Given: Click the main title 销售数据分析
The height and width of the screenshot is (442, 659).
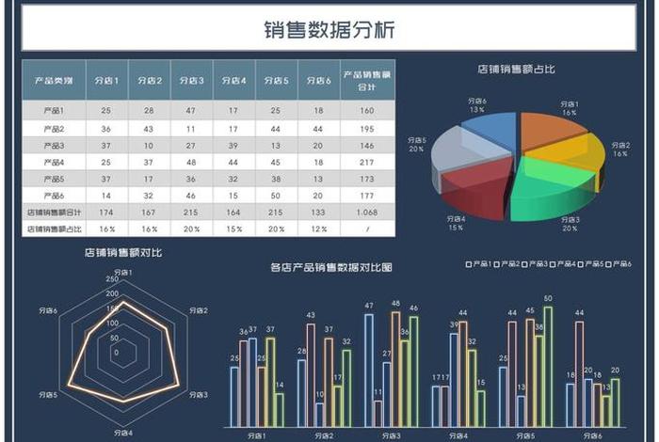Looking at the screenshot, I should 329,30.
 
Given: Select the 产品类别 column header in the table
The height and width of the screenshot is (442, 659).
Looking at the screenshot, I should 55,80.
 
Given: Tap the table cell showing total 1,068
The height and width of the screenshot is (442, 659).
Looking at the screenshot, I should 367,213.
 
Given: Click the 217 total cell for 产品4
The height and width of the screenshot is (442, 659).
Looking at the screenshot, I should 367,162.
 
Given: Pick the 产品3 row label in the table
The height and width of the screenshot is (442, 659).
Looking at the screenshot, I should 55,145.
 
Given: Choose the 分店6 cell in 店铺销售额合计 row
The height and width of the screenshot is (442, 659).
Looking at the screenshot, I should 318,213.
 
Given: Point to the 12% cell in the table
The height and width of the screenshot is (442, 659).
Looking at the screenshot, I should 318,229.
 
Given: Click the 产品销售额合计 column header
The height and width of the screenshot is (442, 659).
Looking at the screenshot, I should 367,80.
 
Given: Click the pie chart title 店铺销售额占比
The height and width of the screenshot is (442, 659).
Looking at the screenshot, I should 515,69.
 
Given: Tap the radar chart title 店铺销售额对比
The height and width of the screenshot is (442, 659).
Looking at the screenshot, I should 121,252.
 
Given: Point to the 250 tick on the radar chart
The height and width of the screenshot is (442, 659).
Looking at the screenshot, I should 111,279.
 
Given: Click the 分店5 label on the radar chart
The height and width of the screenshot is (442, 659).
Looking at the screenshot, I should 48,395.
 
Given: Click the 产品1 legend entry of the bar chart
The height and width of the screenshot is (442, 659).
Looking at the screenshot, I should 480,264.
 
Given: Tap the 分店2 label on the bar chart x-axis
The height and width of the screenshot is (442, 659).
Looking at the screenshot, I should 324,435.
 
